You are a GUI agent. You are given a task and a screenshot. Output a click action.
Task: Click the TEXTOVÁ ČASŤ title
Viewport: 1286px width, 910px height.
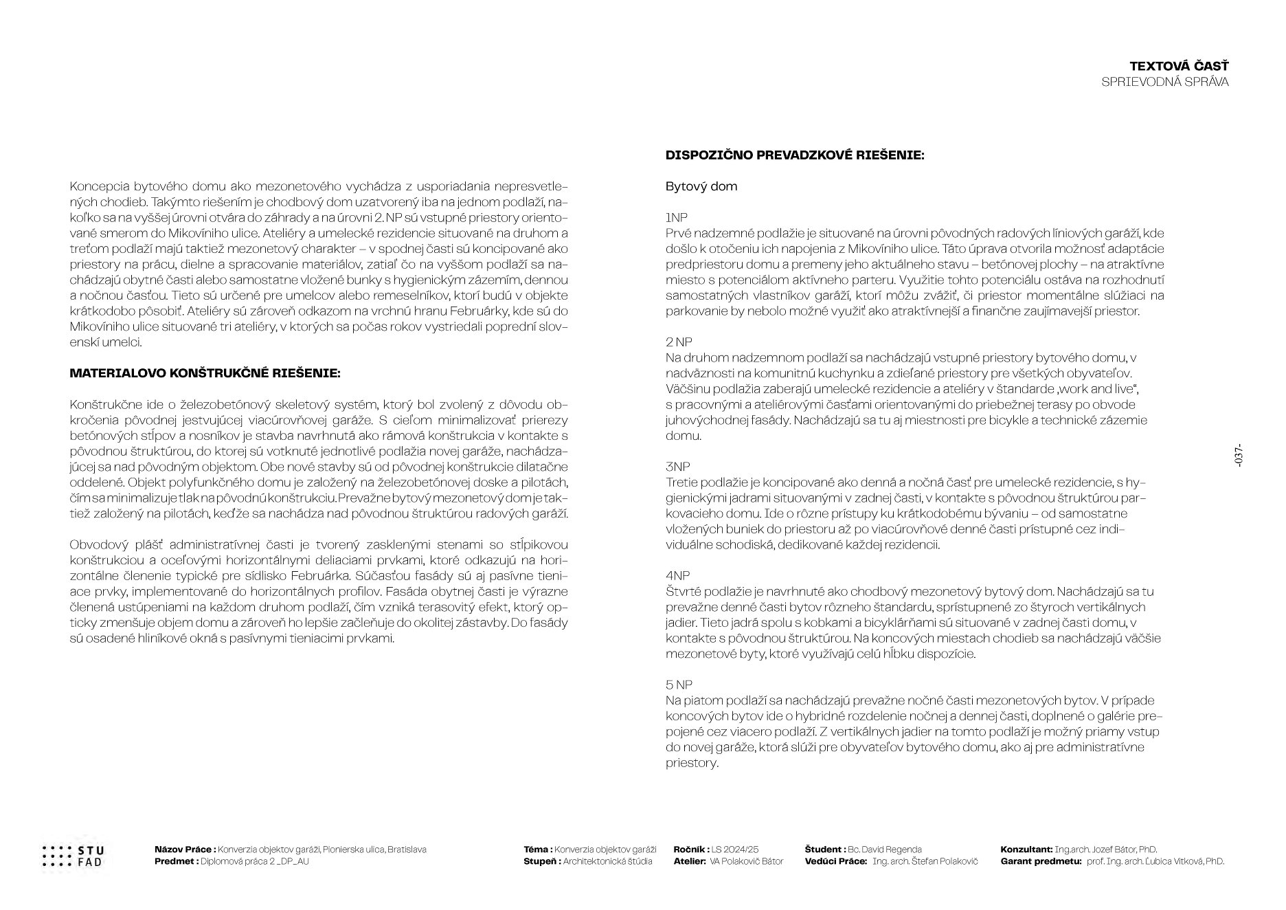[1179, 66]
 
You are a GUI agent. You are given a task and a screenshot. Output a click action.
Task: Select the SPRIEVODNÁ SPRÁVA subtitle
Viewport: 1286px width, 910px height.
[1164, 82]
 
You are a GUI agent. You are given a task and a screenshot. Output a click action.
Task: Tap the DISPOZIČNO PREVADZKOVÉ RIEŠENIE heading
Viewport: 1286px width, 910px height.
[795, 155]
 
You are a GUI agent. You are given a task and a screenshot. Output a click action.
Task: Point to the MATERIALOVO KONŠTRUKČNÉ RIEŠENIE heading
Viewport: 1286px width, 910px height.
[205, 373]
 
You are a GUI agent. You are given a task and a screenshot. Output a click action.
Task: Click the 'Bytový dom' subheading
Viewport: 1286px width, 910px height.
[701, 186]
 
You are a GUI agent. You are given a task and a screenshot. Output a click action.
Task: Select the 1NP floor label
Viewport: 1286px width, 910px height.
[677, 218]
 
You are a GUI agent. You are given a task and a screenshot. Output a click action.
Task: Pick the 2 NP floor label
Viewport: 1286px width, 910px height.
[679, 342]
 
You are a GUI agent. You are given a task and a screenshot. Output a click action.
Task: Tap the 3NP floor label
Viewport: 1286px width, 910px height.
[677, 467]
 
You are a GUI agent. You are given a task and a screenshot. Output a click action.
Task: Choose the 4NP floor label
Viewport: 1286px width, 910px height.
[678, 575]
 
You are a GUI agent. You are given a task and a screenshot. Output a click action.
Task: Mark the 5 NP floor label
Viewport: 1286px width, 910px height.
[679, 685]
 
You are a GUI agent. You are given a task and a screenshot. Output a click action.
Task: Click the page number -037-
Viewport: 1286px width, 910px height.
[1239, 457]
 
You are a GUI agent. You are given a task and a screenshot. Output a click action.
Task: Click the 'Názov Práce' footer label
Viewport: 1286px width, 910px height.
[185, 850]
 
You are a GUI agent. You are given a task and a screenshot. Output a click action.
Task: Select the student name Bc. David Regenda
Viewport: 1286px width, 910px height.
[885, 850]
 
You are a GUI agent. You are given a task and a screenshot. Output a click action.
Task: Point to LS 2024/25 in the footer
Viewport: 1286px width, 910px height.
[735, 850]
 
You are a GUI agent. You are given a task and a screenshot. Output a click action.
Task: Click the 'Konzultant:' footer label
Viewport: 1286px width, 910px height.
[1026, 850]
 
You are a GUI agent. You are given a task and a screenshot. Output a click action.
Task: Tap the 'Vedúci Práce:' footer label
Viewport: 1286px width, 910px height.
[836, 861]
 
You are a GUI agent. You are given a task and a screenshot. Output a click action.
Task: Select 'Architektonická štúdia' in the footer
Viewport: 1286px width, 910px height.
[608, 861]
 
